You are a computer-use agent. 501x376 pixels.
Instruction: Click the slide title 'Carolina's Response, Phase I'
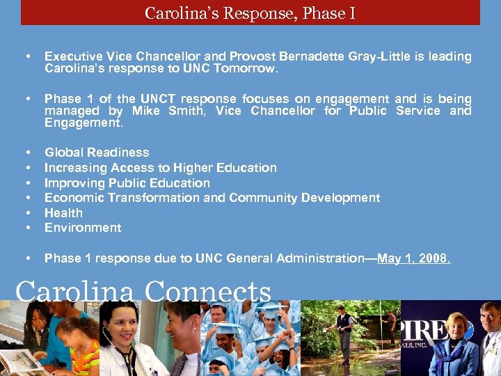click(250, 13)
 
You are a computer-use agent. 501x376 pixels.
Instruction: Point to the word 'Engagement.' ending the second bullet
click(83, 123)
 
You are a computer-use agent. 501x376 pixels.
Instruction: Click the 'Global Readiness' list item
click(97, 152)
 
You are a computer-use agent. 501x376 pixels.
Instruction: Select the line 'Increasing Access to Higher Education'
click(160, 168)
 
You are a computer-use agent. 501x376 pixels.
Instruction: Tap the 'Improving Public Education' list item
click(127, 183)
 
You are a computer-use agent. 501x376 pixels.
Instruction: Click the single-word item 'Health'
click(63, 213)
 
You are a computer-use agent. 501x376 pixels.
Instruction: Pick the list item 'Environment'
click(83, 228)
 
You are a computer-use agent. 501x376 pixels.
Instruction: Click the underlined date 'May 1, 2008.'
click(413, 258)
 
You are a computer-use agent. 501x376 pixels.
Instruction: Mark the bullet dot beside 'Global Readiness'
click(27, 152)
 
